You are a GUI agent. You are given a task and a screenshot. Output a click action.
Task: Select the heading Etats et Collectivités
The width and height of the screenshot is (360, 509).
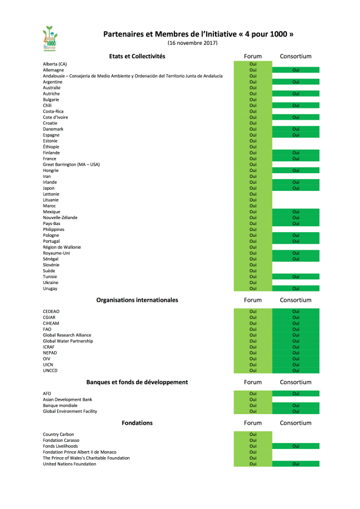point(137,57)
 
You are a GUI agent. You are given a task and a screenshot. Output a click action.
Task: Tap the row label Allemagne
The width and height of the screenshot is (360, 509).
point(54,70)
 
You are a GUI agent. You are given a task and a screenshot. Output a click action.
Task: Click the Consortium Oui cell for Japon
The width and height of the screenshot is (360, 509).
point(296,189)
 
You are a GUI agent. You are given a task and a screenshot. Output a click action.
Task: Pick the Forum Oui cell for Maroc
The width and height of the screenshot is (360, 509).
point(253,206)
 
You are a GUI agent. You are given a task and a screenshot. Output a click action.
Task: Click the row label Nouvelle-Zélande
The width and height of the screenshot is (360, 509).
point(60,218)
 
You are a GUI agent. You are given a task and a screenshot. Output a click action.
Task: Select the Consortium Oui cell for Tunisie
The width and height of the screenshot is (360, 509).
point(296,277)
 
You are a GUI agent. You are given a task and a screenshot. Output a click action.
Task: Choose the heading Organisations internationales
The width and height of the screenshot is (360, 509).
point(137,300)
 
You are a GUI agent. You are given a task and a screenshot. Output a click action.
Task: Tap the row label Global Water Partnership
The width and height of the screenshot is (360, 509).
point(68,341)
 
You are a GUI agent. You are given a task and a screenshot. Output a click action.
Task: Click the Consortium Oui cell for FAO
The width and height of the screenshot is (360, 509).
point(296,329)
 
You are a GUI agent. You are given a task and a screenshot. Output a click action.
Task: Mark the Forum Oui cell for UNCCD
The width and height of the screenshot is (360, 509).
point(253,371)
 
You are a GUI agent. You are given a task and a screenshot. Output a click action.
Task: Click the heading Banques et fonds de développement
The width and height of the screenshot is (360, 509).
point(137,382)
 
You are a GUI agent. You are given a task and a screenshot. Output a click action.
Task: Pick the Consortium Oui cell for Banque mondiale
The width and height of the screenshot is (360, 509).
point(296,405)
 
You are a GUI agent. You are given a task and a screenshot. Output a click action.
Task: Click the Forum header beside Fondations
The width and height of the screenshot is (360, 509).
point(253,423)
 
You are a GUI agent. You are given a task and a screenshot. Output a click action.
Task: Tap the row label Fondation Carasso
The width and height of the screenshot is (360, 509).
point(61,441)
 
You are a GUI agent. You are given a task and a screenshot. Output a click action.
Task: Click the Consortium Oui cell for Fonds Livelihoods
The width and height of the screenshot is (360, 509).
point(296,447)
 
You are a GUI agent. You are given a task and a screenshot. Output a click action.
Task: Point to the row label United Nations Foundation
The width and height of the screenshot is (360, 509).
point(70,464)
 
